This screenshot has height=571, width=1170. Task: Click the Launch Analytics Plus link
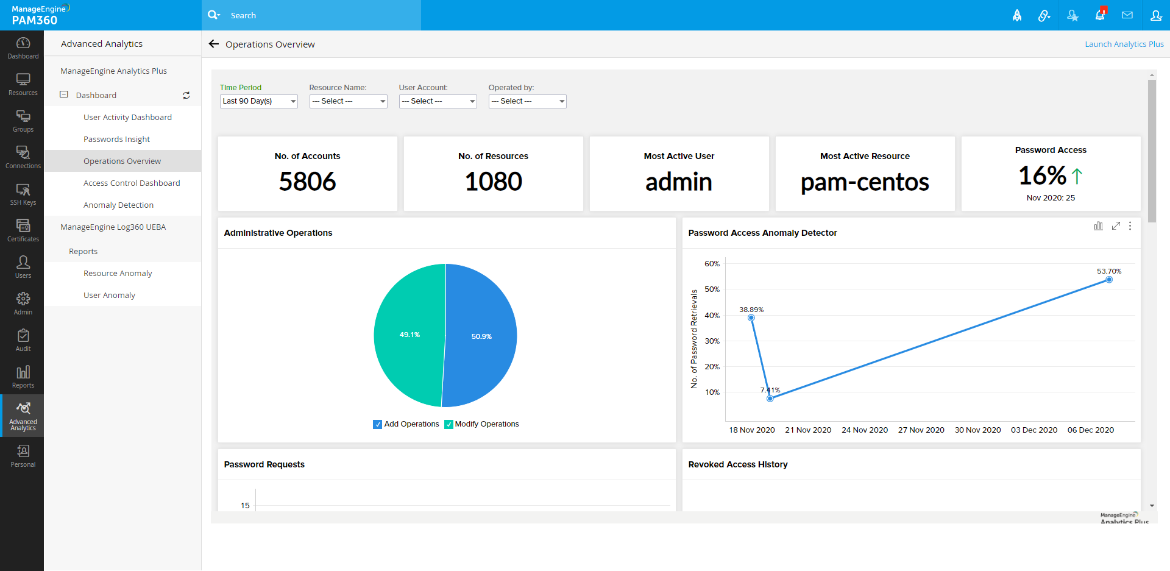tap(1124, 44)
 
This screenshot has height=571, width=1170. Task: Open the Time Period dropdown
tap(258, 101)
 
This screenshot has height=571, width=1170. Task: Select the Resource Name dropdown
tap(348, 101)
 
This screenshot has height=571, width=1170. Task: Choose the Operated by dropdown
tap(527, 101)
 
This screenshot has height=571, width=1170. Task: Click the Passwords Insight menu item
tap(116, 140)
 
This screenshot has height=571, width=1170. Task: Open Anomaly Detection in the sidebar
tap(118, 205)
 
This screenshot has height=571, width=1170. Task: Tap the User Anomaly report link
tap(109, 296)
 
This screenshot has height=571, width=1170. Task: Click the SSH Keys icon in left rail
tap(23, 194)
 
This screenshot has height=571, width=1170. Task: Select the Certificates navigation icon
tap(23, 230)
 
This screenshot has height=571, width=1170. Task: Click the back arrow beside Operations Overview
tap(214, 44)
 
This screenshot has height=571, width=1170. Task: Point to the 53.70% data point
tap(1109, 280)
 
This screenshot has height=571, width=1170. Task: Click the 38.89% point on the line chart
tap(751, 317)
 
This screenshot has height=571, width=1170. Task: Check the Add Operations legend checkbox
tap(377, 425)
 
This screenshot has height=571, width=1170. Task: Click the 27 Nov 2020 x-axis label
tap(921, 430)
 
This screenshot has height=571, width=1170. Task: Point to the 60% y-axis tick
tap(712, 264)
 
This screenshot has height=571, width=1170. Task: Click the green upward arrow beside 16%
tap(1077, 176)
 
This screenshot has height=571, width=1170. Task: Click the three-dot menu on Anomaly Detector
tap(1130, 226)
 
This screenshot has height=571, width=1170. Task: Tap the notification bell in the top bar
tap(1100, 15)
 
